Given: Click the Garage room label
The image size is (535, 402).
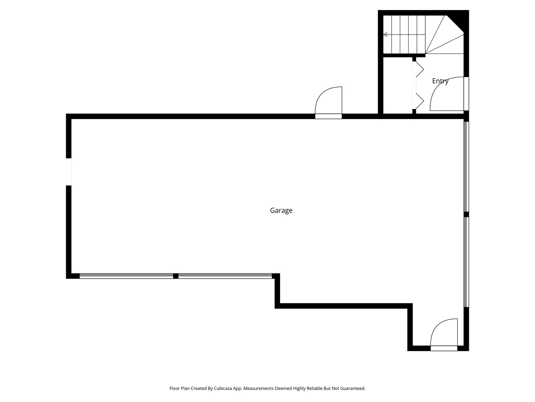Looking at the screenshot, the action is (x=281, y=210).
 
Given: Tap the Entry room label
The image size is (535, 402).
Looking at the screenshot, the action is (x=440, y=81).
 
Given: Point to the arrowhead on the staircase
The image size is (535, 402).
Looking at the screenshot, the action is (x=385, y=35).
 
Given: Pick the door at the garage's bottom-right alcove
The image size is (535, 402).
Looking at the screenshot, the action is (x=444, y=335).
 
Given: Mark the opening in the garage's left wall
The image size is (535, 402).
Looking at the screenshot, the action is (x=69, y=172).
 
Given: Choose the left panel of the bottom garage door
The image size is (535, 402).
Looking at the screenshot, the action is (x=126, y=276).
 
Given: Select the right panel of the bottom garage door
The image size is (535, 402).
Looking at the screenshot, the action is (x=225, y=276).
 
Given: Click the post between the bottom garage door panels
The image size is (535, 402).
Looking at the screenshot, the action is (x=175, y=276).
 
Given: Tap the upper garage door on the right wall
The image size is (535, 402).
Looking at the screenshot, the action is (x=466, y=166).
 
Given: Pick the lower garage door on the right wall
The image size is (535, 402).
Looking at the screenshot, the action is (x=466, y=262).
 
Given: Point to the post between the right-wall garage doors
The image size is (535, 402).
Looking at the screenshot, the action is (x=466, y=214).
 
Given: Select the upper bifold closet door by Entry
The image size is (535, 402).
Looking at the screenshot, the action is (x=418, y=70).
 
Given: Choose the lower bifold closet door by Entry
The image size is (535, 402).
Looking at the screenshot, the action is (x=418, y=101).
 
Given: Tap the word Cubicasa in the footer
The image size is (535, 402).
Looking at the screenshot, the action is (x=223, y=388).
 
